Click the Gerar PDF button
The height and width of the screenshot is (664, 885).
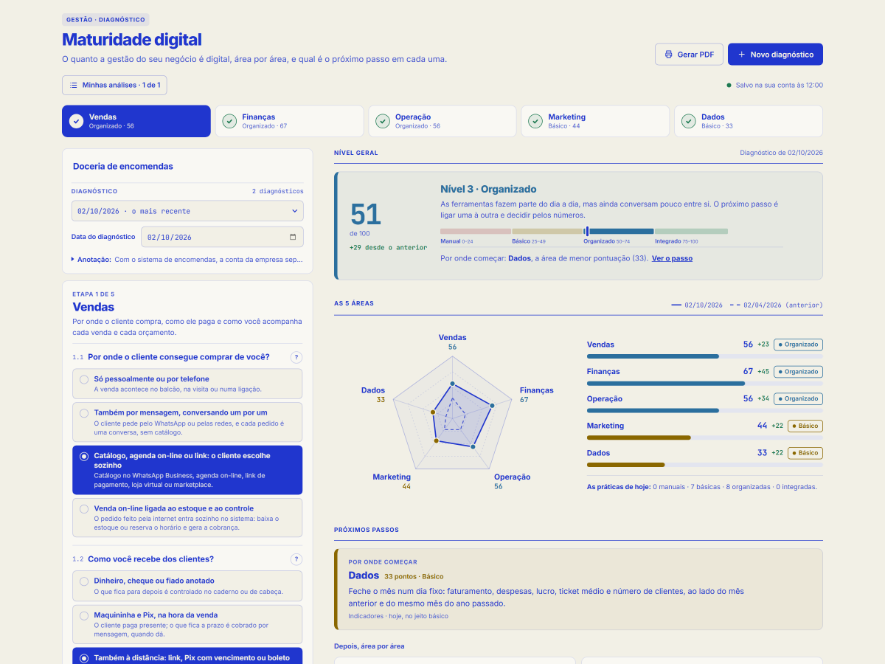coord(689,55)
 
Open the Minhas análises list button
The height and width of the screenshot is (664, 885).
coord(114,85)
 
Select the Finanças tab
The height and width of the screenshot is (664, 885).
coord(289,121)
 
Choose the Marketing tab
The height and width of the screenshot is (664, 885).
coord(595,121)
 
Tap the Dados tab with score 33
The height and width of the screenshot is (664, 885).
coord(749,121)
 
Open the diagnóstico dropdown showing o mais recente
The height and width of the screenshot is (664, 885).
coord(187,211)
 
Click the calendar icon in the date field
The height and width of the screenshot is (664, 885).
coord(293,237)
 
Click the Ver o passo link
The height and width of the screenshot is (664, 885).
coord(672,258)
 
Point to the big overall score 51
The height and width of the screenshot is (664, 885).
coord(365,214)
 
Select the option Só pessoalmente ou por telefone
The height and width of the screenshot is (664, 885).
coord(187,384)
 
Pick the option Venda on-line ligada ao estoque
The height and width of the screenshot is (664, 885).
coord(187,518)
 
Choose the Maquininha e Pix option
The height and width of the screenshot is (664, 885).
coord(187,624)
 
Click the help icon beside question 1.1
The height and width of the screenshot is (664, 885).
coord(296,357)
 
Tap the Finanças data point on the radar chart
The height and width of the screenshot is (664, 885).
coord(493,406)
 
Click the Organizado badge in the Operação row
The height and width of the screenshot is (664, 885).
coord(798,398)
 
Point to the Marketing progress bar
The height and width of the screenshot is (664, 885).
coord(705,438)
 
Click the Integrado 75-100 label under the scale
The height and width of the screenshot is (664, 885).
coord(676,241)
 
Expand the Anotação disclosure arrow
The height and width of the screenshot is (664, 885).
coord(72,259)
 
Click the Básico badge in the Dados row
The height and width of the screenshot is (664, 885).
coord(805,453)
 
